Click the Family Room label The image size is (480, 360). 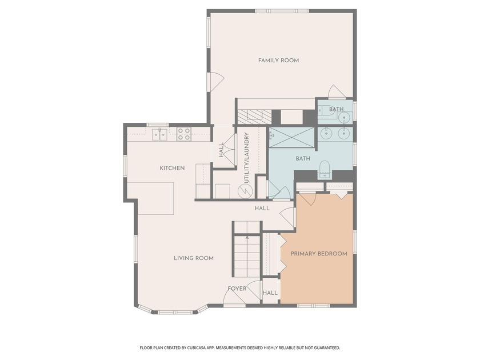[279, 61]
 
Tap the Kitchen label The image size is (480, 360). [172, 168]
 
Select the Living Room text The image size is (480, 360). [194, 258]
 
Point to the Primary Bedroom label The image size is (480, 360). [319, 254]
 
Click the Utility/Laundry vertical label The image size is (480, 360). [247, 158]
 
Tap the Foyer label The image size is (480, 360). [237, 289]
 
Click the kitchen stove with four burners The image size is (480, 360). [184, 134]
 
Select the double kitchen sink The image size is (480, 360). [159, 134]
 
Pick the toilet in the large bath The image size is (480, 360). [324, 170]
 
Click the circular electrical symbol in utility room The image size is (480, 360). [245, 191]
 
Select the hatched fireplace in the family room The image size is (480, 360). [255, 117]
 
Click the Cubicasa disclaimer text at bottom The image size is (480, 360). [240, 348]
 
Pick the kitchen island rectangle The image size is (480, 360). [151, 198]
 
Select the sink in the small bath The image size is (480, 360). [345, 117]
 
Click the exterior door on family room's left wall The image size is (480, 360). [215, 82]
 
